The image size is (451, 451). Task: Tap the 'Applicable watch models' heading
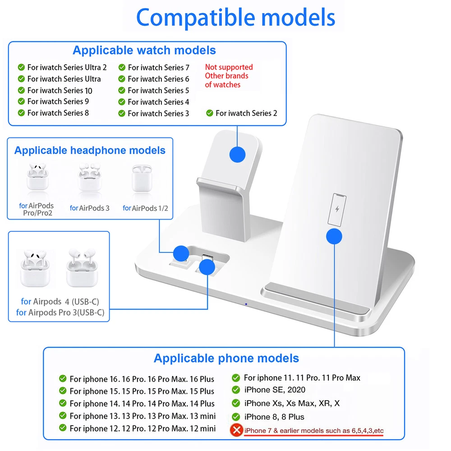[144, 50]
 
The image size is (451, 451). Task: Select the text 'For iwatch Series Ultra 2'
[67, 67]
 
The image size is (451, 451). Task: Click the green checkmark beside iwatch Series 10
[21, 90]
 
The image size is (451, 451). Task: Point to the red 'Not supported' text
[229, 67]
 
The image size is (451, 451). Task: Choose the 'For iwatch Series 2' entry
[246, 113]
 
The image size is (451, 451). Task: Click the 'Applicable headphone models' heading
[90, 150]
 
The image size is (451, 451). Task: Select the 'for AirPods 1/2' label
[145, 208]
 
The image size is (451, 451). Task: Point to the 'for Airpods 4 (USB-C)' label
[60, 301]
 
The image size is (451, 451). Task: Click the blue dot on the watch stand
[237, 154]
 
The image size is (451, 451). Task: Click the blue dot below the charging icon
[334, 236]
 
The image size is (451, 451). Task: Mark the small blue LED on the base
[245, 304]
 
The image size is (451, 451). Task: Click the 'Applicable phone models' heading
[226, 358]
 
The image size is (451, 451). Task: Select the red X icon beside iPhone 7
[236, 430]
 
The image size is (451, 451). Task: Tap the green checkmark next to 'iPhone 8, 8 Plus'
[236, 417]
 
